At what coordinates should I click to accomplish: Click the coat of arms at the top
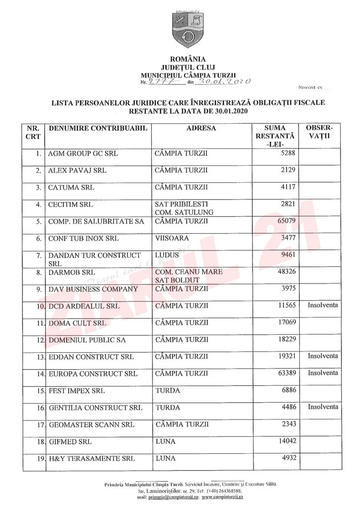(187, 29)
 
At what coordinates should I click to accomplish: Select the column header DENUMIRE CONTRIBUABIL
(98, 128)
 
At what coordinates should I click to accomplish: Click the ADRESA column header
(201, 128)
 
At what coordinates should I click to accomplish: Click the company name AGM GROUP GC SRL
(83, 154)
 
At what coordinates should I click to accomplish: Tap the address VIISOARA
(172, 238)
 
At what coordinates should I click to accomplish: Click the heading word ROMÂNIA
(187, 59)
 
